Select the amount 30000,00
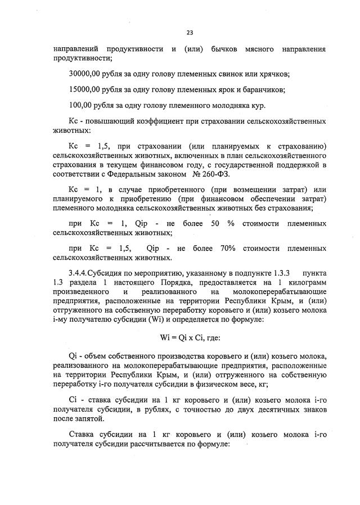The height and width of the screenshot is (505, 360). point(88,74)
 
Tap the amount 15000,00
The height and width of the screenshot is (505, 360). point(88,89)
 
